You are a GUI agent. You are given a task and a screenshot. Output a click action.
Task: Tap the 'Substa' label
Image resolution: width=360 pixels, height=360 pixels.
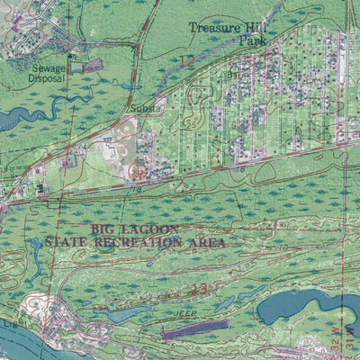pyautogui.click(x=146, y=109)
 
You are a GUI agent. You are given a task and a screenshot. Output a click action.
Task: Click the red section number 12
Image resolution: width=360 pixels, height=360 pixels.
pyautogui.click(x=186, y=60)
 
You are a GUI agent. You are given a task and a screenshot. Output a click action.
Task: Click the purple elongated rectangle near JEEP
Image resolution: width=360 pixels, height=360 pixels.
pyautogui.click(x=196, y=329)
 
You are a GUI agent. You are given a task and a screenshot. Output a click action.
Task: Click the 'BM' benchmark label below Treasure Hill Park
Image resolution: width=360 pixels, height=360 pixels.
pyautogui.click(x=231, y=74)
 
